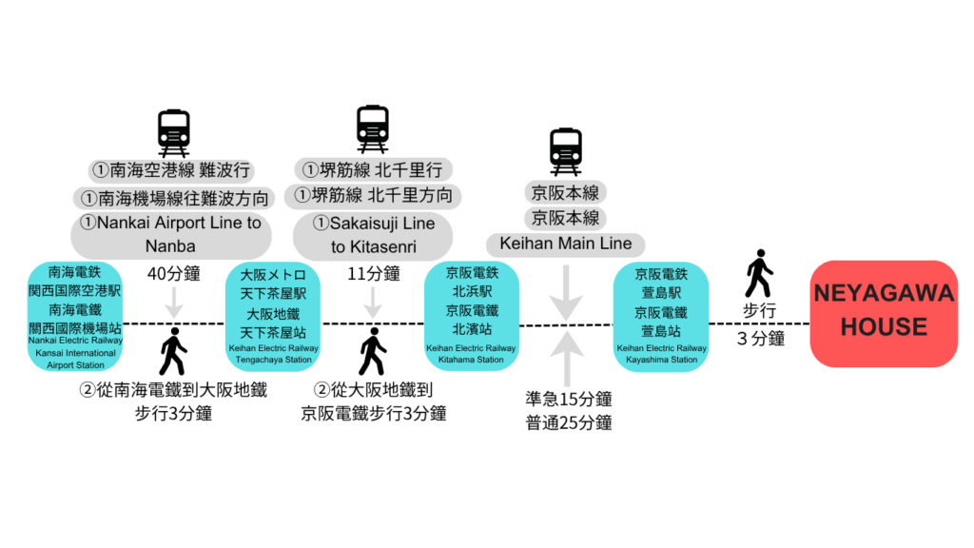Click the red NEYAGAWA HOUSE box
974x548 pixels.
(x=884, y=313)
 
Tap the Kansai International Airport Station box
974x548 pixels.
(x=76, y=316)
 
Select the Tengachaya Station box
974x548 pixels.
(x=272, y=316)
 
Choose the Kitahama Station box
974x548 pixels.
(x=472, y=316)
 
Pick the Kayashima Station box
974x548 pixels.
(x=661, y=316)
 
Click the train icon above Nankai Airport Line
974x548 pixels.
(x=173, y=132)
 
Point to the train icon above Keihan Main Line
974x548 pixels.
(x=566, y=151)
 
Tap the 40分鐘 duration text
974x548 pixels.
(x=173, y=274)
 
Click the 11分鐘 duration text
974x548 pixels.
(x=372, y=274)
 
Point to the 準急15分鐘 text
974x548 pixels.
(x=568, y=399)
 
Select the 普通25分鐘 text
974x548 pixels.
(x=568, y=422)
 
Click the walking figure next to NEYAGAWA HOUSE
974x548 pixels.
(x=758, y=274)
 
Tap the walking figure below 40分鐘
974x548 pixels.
(x=173, y=352)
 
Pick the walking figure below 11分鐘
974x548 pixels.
(x=372, y=352)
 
